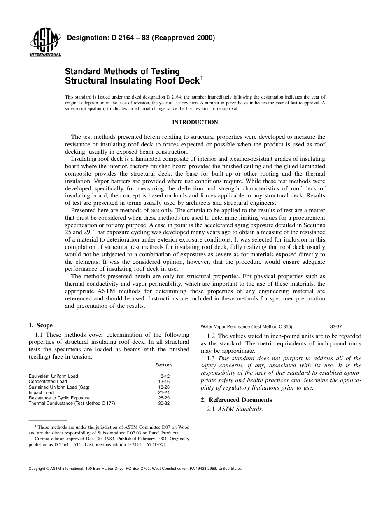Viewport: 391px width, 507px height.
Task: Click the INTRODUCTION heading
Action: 195,122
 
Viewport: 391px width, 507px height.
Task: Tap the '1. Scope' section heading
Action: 40,326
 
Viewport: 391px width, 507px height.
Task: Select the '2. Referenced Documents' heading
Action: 236,400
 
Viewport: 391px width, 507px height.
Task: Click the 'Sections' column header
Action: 164,365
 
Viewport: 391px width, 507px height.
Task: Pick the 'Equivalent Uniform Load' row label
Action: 53,376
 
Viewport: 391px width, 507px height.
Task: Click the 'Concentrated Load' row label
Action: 47,382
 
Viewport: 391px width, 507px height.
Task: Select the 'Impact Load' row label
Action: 41,393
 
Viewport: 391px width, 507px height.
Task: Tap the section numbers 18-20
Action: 164,387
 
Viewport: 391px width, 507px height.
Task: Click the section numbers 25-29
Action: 164,398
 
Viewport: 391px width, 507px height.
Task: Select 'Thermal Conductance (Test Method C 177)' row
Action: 72,404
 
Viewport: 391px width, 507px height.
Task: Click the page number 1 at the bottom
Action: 195,487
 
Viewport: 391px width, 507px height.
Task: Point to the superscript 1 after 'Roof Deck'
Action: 202,77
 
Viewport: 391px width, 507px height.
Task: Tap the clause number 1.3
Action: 212,359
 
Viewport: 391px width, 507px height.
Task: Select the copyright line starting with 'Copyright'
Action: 135,469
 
